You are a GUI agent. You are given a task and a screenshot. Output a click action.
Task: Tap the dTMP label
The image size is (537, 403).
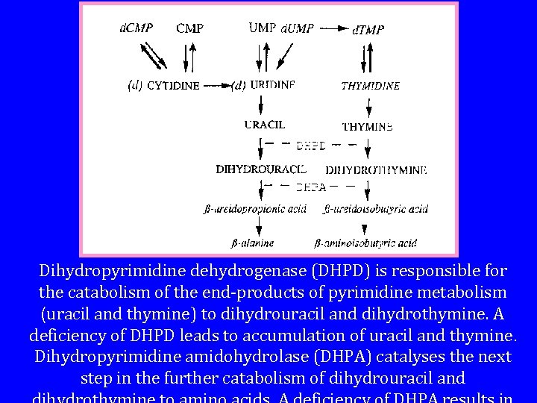point(368,30)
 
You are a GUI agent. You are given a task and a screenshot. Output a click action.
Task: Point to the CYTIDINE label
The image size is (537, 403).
point(173,85)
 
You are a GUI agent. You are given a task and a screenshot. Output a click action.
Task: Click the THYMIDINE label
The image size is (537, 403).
point(371,86)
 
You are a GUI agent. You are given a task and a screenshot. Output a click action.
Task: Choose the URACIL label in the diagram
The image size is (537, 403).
point(265,125)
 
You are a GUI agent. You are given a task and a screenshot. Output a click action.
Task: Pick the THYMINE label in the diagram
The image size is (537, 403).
point(367,127)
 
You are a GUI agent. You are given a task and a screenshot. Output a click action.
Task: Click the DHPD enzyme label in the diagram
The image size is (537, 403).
point(311,146)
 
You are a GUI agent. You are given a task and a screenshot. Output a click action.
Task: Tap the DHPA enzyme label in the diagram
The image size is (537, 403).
point(311,187)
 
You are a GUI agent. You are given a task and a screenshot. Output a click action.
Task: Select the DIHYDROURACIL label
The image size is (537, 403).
point(261,169)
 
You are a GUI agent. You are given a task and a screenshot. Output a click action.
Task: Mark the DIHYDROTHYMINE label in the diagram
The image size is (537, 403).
point(376,170)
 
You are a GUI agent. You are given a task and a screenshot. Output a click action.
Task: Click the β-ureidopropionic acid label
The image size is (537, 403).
point(245,209)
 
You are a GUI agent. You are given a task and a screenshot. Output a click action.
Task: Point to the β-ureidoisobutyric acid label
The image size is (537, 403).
point(375,209)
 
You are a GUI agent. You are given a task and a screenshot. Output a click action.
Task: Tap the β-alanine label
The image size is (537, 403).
point(251,243)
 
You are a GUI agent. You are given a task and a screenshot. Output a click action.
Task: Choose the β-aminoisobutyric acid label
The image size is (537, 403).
point(365,243)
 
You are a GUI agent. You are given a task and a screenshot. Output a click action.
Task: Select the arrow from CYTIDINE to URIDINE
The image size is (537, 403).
point(215,85)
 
